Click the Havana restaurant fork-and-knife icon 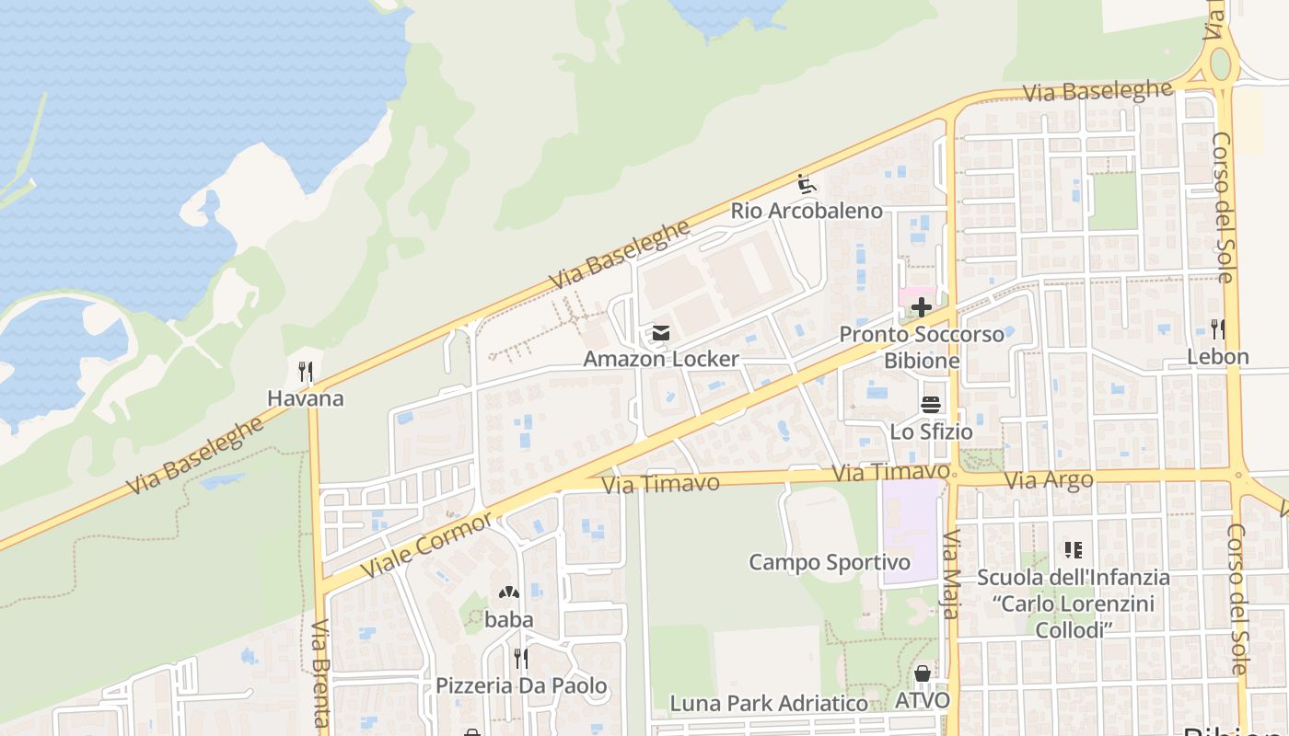(x=306, y=372)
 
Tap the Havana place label (x=306, y=398)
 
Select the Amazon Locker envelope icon (x=660, y=333)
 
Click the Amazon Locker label (x=660, y=359)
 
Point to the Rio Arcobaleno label (x=807, y=211)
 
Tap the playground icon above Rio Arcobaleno (x=807, y=184)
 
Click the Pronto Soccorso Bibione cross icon (x=921, y=307)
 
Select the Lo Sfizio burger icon (x=931, y=405)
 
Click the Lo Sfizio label (x=931, y=431)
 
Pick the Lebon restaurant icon (x=1217, y=328)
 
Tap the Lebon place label (x=1217, y=357)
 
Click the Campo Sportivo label (x=830, y=562)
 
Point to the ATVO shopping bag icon (x=923, y=674)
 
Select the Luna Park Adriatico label (x=768, y=704)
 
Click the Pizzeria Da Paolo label (x=521, y=685)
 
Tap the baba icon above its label (x=508, y=593)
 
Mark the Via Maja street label (x=952, y=574)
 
